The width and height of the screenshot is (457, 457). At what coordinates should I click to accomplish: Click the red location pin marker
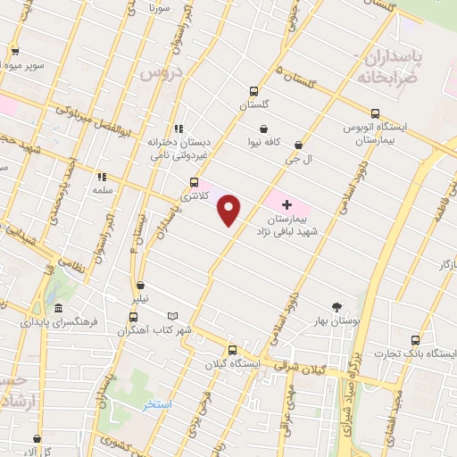click(x=229, y=211)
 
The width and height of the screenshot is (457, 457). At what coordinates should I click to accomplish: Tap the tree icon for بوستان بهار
click(x=337, y=306)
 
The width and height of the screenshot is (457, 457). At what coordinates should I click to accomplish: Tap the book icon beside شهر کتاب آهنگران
click(x=172, y=316)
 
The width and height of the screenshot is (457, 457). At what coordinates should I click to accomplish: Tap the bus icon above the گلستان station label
click(x=253, y=91)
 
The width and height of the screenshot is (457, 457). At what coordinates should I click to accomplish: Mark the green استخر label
click(x=157, y=404)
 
